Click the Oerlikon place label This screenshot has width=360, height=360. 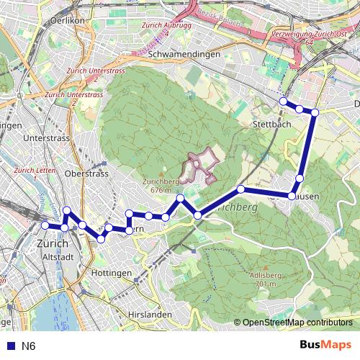[x=69, y=22]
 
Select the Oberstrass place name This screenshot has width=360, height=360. [x=86, y=174]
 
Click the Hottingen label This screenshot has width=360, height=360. [x=112, y=274]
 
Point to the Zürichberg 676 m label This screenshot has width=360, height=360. [x=161, y=186]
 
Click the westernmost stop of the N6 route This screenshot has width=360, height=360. [x=45, y=225]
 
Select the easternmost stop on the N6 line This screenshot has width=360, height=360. [x=315, y=112]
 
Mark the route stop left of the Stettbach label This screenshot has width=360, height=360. [x=241, y=189]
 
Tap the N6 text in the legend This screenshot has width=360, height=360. [x=29, y=346]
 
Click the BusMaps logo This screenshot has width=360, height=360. [x=325, y=345]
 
